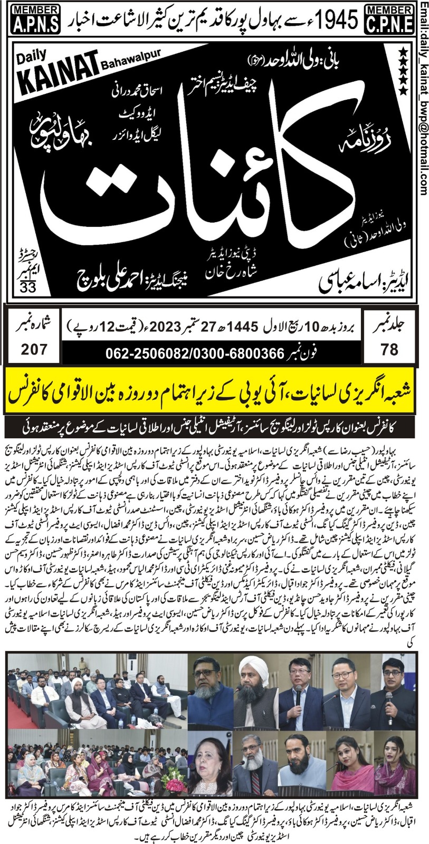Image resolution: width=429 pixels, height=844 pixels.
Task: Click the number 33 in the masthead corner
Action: pyautogui.click(x=25, y=286)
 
